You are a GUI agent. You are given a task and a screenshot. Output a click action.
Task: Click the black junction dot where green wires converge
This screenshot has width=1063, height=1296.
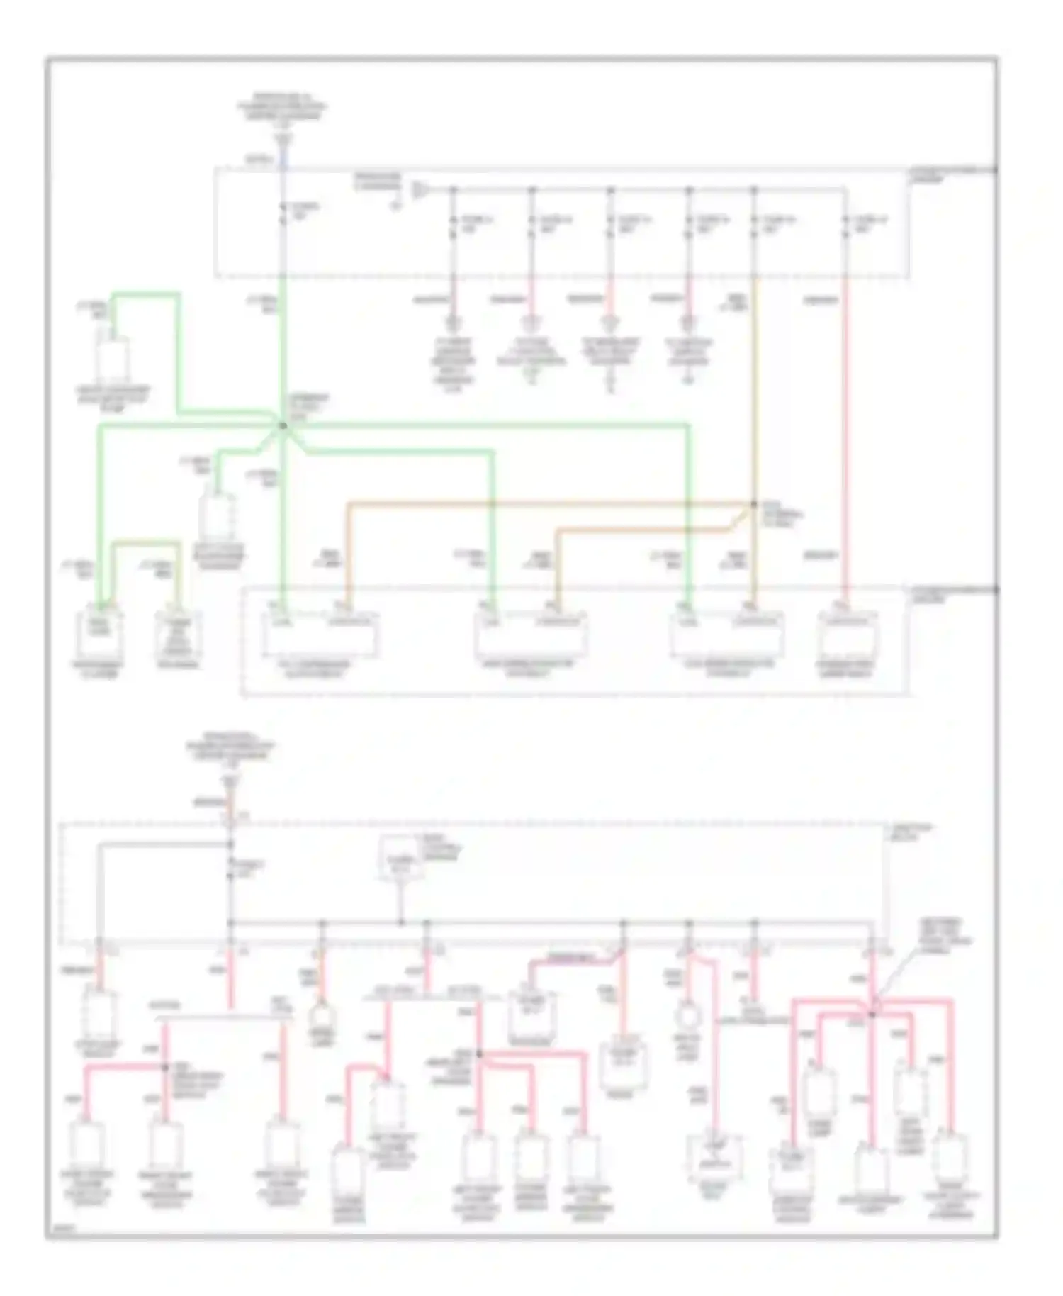282,425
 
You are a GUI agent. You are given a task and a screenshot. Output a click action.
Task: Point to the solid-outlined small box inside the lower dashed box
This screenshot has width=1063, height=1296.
400,857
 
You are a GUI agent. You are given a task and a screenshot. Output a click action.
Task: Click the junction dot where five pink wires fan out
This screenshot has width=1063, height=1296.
872,1015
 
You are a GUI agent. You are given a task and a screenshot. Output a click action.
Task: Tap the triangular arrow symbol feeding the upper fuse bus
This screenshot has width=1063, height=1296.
420,189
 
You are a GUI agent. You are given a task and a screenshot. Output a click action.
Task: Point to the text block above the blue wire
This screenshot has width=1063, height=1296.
282,107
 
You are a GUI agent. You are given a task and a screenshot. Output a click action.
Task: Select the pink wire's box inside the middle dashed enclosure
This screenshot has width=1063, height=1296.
847,637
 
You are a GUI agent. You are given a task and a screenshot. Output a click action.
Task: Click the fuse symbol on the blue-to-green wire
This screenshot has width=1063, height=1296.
282,213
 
